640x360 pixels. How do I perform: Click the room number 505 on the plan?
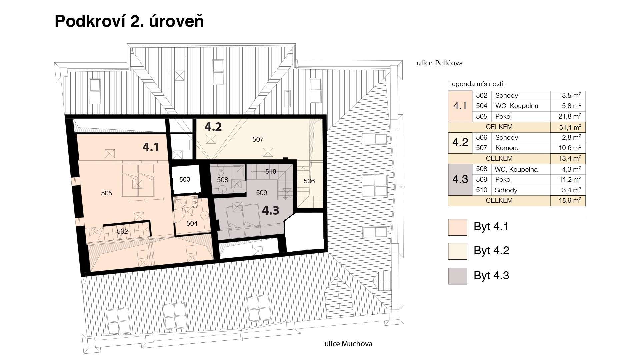point(107,193)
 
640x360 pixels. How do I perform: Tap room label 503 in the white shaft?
point(185,179)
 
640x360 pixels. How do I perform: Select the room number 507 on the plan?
point(258,139)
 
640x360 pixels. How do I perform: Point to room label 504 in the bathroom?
point(192,223)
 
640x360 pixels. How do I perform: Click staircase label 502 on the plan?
point(122,231)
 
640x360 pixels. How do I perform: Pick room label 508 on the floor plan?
point(222,180)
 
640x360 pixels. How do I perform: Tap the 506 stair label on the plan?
point(309,181)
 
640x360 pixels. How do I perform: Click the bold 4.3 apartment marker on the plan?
point(270,210)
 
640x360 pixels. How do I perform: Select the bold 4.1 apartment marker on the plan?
point(151,147)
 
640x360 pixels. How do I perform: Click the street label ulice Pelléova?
point(440,63)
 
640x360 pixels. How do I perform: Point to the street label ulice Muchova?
point(348,344)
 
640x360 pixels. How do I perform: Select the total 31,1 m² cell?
point(568,127)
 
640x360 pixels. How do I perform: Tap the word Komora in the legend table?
point(507,148)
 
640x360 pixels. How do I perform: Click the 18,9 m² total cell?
point(568,201)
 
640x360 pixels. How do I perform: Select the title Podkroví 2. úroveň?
point(129,21)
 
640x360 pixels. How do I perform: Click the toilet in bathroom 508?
point(221,172)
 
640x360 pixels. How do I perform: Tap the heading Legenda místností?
point(476,84)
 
